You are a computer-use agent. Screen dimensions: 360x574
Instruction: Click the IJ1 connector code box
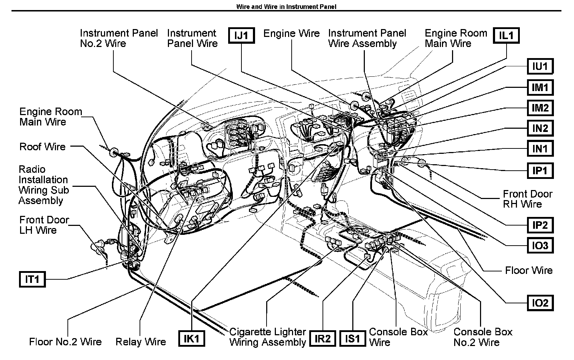click(241, 36)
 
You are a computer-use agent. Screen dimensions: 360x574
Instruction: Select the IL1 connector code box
click(506, 36)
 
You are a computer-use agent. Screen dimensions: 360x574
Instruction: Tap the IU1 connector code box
click(540, 67)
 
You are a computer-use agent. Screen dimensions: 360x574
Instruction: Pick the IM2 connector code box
click(540, 108)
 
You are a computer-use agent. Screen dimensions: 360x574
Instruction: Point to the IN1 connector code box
click(540, 149)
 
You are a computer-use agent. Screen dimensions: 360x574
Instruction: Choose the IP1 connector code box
click(540, 170)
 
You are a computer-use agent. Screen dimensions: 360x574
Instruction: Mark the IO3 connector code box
click(540, 246)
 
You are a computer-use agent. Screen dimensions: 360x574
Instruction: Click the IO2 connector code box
click(540, 303)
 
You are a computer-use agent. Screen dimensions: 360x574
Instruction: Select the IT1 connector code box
click(32, 279)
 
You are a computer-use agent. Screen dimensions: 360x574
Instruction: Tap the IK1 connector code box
click(191, 338)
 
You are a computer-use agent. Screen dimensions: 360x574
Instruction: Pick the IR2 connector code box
click(322, 338)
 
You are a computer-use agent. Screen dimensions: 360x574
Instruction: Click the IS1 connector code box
click(352, 338)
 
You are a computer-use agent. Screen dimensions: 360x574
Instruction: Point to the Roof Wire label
click(42, 147)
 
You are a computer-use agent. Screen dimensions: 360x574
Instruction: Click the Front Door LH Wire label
click(44, 225)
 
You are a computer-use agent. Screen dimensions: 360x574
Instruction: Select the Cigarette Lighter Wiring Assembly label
click(267, 337)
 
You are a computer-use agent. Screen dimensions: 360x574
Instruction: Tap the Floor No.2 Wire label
click(65, 342)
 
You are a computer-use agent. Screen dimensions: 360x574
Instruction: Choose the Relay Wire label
click(141, 342)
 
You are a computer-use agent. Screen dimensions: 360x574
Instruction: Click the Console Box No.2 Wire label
click(483, 337)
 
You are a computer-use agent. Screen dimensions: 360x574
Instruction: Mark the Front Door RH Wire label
click(527, 199)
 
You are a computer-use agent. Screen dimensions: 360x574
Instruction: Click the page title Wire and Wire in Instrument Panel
click(286, 7)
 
